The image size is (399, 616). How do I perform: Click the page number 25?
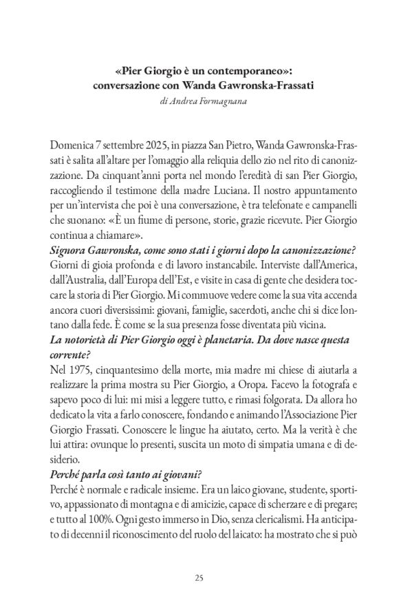(x=199, y=577)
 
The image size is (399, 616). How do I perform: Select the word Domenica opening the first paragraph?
(x=75, y=146)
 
